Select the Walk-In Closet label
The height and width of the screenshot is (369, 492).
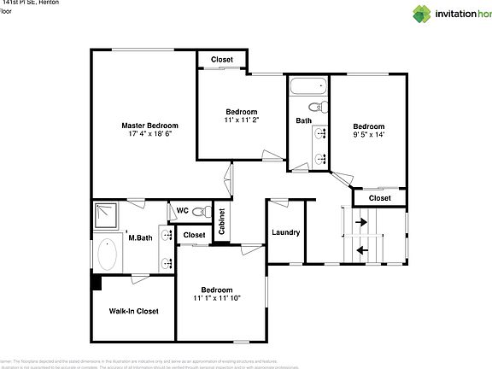click(x=133, y=311)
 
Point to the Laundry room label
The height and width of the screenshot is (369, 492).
click(x=284, y=232)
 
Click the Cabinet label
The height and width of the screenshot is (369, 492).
click(x=221, y=221)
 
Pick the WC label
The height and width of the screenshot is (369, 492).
click(x=182, y=210)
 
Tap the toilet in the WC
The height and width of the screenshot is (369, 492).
click(x=200, y=211)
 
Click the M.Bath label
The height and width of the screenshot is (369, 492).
click(x=140, y=237)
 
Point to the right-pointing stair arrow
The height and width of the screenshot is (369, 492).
click(x=360, y=221)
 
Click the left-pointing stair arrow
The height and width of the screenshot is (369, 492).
click(x=360, y=250)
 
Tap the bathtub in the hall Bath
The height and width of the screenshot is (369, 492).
click(x=307, y=86)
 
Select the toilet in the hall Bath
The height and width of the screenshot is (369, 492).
click(x=316, y=108)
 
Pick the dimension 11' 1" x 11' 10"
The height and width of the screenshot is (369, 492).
click(x=217, y=297)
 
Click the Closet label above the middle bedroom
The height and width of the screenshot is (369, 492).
click(x=222, y=59)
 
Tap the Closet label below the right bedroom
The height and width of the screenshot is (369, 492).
click(x=379, y=197)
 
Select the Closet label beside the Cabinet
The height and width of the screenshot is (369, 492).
click(x=194, y=235)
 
